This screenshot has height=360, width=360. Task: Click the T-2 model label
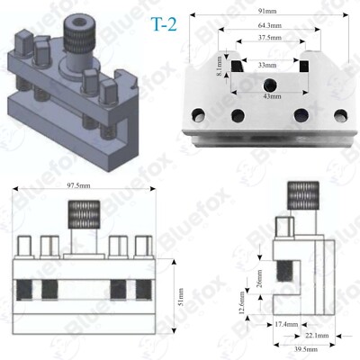[151, 24]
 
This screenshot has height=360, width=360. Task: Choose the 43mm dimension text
[268, 95]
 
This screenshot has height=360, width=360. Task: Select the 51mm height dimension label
[180, 293]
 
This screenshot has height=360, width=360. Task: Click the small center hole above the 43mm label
[267, 84]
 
